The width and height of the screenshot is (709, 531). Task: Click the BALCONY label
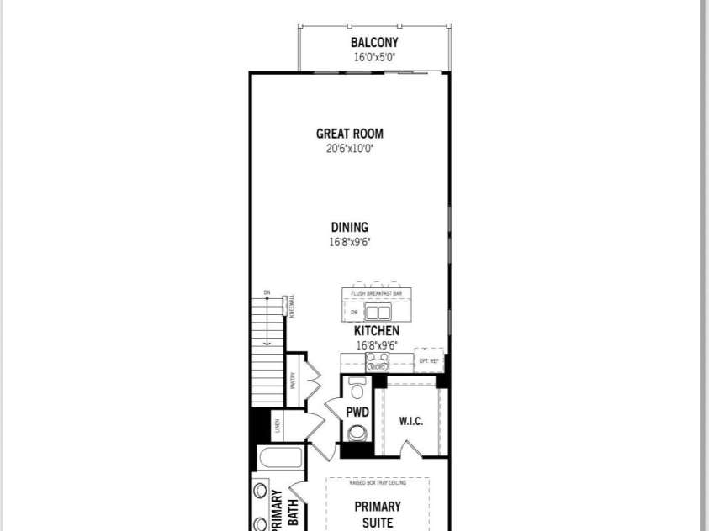coord(374,43)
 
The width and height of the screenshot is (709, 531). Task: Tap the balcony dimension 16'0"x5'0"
coord(374,58)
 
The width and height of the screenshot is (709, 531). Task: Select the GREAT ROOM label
coord(349,134)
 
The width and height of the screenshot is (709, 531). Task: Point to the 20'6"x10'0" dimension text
coord(349,149)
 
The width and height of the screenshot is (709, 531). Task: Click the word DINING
coord(349,228)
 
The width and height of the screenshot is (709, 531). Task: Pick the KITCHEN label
coord(376,331)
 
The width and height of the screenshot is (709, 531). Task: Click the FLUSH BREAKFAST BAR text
coord(376,293)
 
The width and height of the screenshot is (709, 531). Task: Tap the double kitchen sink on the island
coord(377,312)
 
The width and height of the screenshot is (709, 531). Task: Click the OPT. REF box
coord(428,360)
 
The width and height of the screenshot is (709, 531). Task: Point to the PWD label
coord(357,413)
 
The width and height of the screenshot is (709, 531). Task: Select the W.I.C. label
coord(410,421)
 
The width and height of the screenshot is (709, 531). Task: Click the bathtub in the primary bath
coord(281,459)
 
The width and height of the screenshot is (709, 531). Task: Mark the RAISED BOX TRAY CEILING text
coord(377,483)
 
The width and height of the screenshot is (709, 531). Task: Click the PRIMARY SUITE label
coord(377,514)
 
